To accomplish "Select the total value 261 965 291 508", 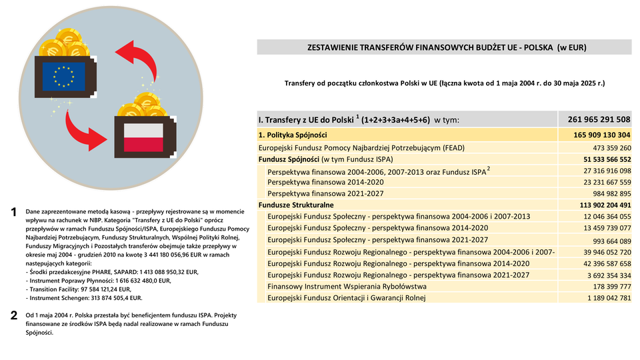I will click(x=599, y=119).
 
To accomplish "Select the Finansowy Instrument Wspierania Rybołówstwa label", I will click(x=347, y=286).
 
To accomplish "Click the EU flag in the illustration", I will click(x=64, y=75).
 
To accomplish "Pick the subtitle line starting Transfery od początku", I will click(x=444, y=83).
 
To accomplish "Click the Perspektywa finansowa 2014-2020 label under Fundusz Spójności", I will click(x=325, y=182).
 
